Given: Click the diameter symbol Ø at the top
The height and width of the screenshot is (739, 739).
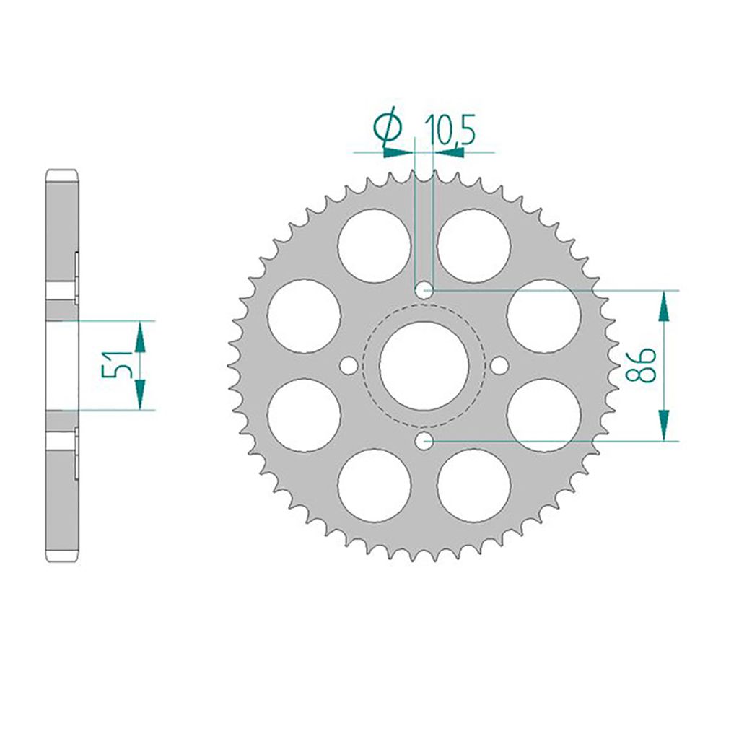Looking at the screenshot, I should tap(388, 127).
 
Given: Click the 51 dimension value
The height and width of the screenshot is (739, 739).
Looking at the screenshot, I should tap(118, 365).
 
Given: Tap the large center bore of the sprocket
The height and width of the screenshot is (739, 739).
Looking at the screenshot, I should tap(424, 366).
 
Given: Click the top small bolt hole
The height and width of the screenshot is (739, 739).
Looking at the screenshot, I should tap(424, 291).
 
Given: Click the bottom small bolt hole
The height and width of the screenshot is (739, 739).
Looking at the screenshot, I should tap(424, 440).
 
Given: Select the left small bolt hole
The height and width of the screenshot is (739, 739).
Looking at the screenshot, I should tap(349, 366).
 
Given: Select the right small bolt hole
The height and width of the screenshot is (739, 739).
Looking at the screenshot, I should tap(499, 366).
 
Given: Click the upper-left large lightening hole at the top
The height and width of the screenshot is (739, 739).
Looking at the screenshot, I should tap(375, 245).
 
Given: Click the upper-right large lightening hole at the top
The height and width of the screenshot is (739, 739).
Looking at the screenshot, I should tap(473, 245).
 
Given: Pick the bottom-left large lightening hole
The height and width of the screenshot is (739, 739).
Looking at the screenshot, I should tap(375, 485).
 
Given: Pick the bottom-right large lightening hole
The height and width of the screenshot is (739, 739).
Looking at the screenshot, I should tap(473, 485).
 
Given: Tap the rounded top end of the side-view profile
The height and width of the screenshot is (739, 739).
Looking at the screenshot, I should tap(62, 175).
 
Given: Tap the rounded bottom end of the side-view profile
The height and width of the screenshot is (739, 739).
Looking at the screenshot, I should tap(62, 556).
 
